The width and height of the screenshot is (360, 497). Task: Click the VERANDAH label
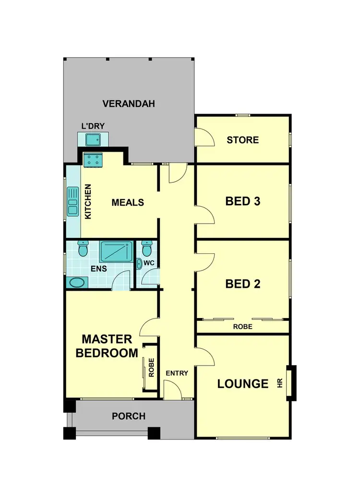coord(129,104)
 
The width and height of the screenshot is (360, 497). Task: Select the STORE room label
coord(242,140)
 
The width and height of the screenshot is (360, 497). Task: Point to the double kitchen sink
coord(73,201)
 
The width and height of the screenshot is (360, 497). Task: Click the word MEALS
coord(128,202)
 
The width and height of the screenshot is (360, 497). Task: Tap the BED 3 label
coord(242,201)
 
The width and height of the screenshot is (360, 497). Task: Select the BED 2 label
coord(242,284)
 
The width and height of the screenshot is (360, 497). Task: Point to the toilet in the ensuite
coord(83,249)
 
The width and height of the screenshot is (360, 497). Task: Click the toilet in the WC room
coord(147,249)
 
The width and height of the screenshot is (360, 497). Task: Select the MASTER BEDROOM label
coord(107,346)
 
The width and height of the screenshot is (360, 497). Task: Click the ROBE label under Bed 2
coord(242,327)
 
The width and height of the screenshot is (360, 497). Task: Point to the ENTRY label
coord(177,373)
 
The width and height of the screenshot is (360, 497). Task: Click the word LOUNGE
coord(242,384)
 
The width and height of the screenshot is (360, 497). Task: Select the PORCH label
coord(129,416)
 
